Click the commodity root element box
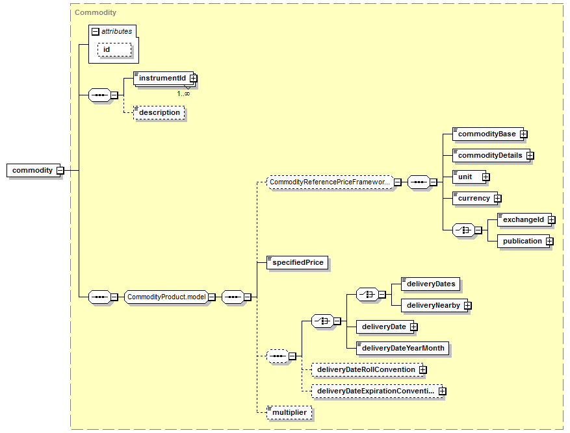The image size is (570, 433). coord(32,170)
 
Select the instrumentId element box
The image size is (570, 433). coord(162,78)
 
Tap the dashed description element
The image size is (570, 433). coord(159,112)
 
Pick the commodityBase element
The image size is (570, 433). coord(486,134)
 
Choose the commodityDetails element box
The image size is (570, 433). coord(489,155)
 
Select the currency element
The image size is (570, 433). coord(474,198)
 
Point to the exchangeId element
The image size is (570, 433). coord(523,219)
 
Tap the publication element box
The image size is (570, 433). coord(522,241)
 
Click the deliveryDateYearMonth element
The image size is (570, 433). coord(403,348)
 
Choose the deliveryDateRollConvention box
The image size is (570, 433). coord(365,369)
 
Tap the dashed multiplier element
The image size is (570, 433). coord(290,412)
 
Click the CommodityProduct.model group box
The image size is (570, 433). coord(166,297)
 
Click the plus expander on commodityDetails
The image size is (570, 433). coord(530,155)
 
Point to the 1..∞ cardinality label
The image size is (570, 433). coord(183,93)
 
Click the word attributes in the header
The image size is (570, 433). coord(116,31)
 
